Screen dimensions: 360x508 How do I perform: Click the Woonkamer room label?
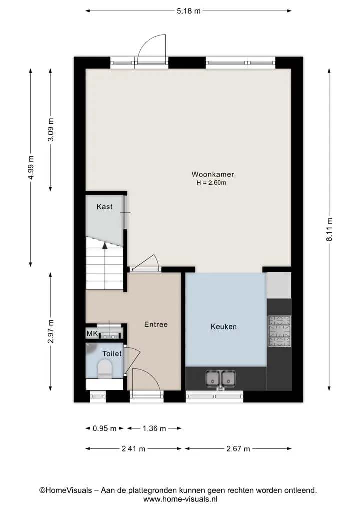pos(213,174)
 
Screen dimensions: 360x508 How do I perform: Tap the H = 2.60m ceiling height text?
pos(211,183)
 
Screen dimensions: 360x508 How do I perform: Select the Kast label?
pos(105,207)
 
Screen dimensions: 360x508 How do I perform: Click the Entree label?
pos(156,324)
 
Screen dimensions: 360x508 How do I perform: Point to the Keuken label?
pos(224,327)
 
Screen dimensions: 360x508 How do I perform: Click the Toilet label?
pos(112,354)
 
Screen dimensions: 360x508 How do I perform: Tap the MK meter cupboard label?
pos(92,333)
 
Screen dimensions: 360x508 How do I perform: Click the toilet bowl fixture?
pos(105,369)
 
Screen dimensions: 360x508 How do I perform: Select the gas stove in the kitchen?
pos(279,331)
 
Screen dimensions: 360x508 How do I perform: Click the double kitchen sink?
pos(220,378)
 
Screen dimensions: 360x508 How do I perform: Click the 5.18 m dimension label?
pos(189,11)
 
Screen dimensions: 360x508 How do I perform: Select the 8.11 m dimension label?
pos(329,229)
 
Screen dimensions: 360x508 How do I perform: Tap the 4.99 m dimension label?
pos(31,167)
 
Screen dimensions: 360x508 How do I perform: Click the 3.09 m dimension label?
pos(51,130)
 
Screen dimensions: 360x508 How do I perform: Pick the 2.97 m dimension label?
pos(51,331)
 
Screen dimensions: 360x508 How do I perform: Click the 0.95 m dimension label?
pos(105,428)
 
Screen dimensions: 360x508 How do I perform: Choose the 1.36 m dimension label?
pos(154,428)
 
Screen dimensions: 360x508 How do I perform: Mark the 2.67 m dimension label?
pos(238,449)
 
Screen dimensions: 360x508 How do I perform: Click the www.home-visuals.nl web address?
pos(180,499)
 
